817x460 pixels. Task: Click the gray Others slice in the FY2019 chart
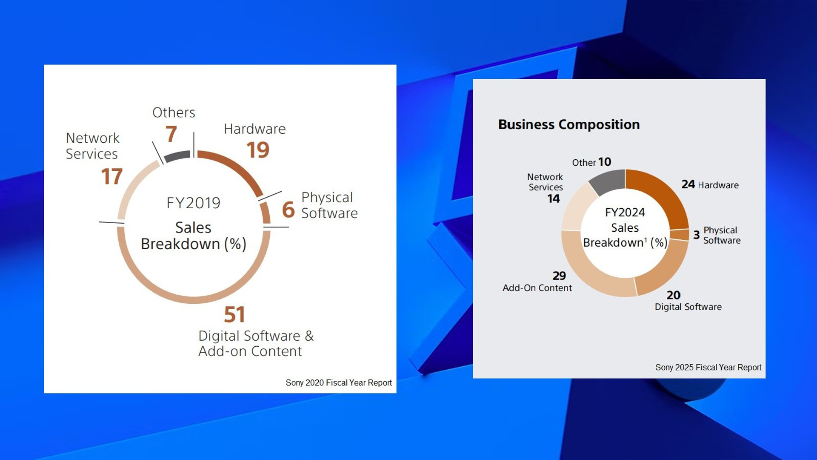tap(177, 156)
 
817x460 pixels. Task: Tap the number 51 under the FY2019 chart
tap(234, 315)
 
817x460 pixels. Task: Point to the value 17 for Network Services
tap(112, 176)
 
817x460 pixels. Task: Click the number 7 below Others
tap(171, 134)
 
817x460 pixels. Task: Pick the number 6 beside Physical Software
tap(288, 210)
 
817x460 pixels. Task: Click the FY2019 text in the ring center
tap(193, 203)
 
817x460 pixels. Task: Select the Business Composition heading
tap(568, 124)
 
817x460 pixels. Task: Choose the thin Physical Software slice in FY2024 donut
tap(679, 235)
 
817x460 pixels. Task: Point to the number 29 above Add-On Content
tap(559, 276)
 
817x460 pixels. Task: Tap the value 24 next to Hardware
tap(688, 184)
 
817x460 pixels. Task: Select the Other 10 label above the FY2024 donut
tap(591, 162)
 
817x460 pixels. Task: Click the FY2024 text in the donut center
tap(625, 212)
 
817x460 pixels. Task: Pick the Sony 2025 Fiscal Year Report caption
tap(708, 367)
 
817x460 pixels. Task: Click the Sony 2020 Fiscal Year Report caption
tap(338, 382)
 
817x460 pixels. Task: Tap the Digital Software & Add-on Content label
tap(256, 343)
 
